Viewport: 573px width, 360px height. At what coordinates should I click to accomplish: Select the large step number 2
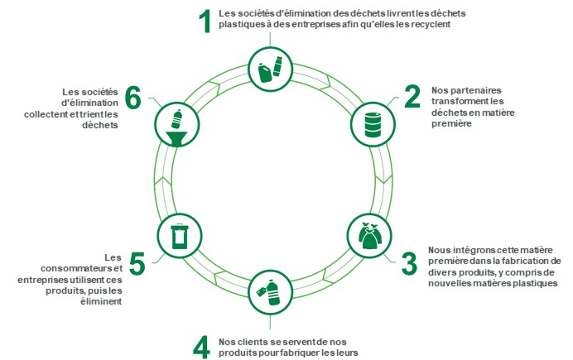point(412,98)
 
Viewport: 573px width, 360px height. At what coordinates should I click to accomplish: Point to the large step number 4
point(200,346)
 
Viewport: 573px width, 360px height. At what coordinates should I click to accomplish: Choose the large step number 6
point(133,98)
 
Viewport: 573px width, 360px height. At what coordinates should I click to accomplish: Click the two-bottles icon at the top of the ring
point(271,69)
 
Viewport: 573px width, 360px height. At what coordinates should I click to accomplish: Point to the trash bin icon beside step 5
point(178,235)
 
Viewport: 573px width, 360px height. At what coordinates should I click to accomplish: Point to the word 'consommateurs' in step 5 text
point(71,268)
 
